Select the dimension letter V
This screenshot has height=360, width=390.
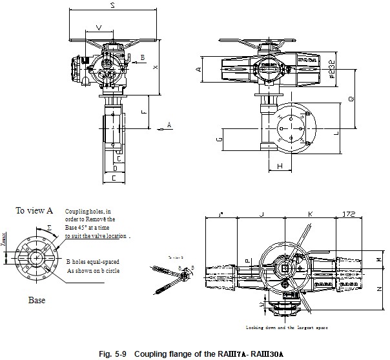[97, 27]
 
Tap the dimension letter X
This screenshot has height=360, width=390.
[155, 67]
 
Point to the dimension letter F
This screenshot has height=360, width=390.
[143, 111]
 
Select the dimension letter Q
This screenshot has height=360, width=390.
[351, 99]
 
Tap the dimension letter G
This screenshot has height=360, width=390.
[220, 138]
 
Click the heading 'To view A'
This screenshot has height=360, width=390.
[34, 210]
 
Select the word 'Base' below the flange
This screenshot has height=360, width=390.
[36, 300]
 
